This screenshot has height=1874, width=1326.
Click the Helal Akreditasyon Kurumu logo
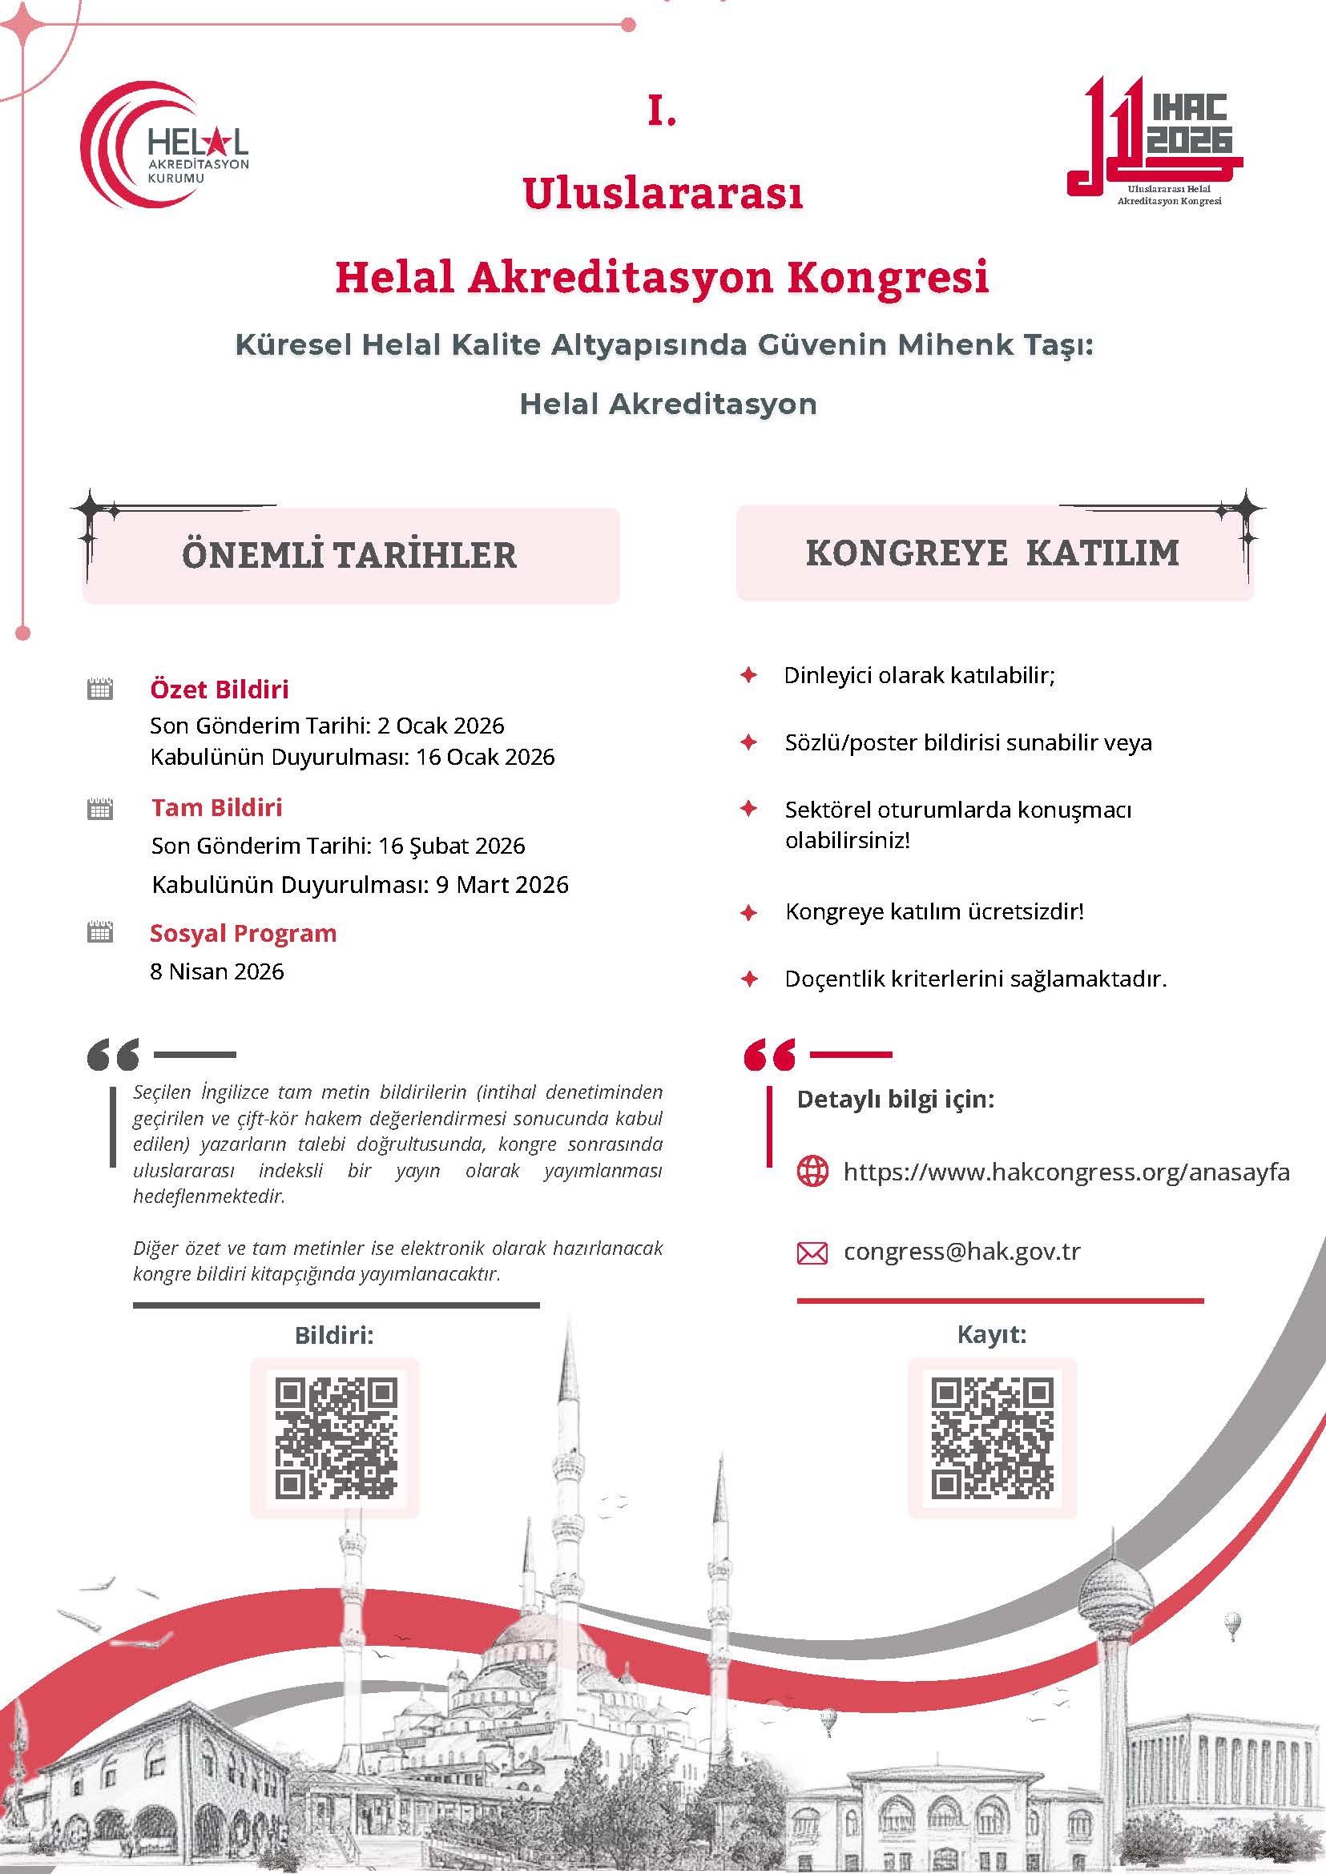164,145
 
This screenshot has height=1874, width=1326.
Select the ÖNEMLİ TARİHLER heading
349,556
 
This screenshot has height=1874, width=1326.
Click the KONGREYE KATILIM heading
992,553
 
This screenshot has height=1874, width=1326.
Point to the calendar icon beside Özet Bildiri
99,689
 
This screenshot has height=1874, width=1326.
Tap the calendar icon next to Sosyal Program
99,932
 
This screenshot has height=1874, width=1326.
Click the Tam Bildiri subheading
216,808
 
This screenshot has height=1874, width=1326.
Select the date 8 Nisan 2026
217,971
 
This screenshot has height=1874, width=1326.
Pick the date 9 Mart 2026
502,885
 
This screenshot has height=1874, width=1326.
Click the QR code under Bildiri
336,1438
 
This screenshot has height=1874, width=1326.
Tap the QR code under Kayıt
992,1438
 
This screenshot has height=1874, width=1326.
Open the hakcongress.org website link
1066,1172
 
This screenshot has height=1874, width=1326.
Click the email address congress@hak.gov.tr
961,1251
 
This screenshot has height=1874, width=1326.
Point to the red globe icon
812,1172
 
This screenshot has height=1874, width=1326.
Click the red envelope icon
812,1253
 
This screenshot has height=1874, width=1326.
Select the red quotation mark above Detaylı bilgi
769,1055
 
